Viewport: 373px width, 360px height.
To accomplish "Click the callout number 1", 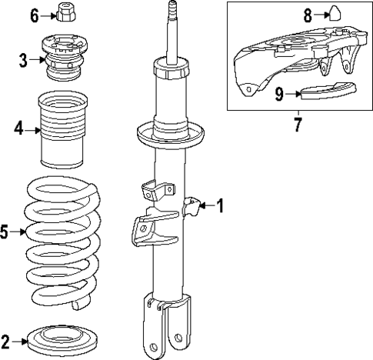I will tap(219, 205).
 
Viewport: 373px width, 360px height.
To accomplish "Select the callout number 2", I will tap(6, 341).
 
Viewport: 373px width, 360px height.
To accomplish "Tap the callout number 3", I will tap(24, 59).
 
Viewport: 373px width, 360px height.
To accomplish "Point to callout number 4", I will tap(18, 130).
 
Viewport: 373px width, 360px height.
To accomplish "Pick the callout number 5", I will tap(6, 231).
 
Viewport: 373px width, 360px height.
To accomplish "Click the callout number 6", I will tap(34, 15).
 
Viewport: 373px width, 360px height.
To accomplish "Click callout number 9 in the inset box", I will tap(278, 94).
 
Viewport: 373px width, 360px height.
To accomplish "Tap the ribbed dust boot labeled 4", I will tap(61, 131).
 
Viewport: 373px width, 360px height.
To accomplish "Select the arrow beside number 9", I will tap(292, 94).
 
